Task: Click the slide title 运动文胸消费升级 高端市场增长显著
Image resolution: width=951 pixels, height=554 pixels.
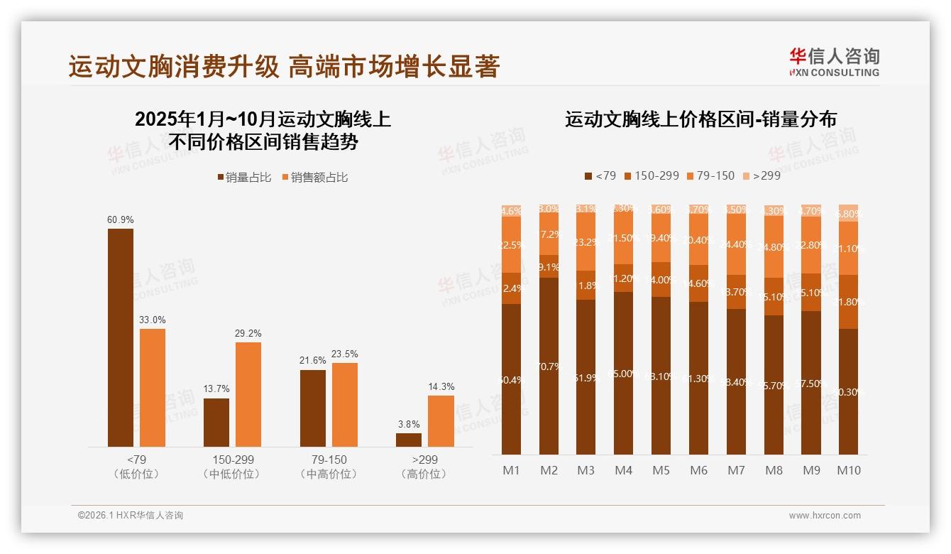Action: point(284,67)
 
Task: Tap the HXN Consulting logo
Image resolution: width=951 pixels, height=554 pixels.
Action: point(834,63)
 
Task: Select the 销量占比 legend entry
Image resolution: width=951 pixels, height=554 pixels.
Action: point(243,178)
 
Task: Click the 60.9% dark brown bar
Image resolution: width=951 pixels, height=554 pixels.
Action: point(121,337)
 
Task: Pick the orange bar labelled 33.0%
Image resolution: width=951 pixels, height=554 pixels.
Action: point(153,387)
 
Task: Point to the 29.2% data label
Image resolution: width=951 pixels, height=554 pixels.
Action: point(248,332)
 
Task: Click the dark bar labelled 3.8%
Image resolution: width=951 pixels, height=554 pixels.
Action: point(409,440)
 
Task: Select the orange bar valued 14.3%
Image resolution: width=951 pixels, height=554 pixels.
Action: point(441,420)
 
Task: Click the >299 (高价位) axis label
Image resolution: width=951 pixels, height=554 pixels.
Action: point(424,467)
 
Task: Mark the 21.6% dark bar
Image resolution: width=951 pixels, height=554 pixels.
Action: point(313,408)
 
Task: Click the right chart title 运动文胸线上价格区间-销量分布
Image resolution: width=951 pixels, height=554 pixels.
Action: point(700,119)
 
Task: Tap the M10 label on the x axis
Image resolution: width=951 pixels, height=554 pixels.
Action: point(849,470)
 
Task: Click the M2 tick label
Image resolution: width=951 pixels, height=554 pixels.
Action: point(549,470)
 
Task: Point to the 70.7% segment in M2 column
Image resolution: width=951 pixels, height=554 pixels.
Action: point(549,366)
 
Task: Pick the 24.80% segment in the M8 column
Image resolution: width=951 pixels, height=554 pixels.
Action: point(774,246)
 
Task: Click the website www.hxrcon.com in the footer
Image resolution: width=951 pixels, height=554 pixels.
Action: point(825,516)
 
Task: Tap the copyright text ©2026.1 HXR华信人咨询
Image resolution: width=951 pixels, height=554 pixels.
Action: point(131,516)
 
